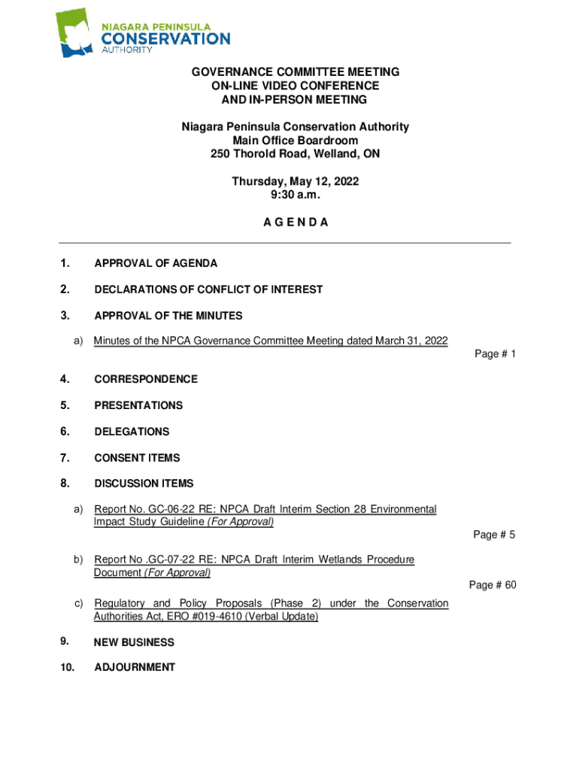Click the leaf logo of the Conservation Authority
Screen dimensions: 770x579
pos(77,33)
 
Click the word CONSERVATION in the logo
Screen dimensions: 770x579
pos(165,38)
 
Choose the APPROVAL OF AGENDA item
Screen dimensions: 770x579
pos(156,263)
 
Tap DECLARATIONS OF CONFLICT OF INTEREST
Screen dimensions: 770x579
pos(208,290)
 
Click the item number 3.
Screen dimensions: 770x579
pos(65,315)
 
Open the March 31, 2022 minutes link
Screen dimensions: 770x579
pos(271,341)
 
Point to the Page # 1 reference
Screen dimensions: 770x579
pos(495,354)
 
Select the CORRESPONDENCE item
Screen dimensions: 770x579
pos(146,379)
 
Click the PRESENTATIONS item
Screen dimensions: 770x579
pos(138,405)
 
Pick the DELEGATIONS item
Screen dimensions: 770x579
pos(132,432)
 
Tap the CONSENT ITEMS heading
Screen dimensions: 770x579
pos(137,457)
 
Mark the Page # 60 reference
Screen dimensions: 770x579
pos(493,585)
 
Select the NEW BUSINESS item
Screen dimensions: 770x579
pos(134,642)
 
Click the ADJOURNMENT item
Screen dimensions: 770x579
pos(135,667)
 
